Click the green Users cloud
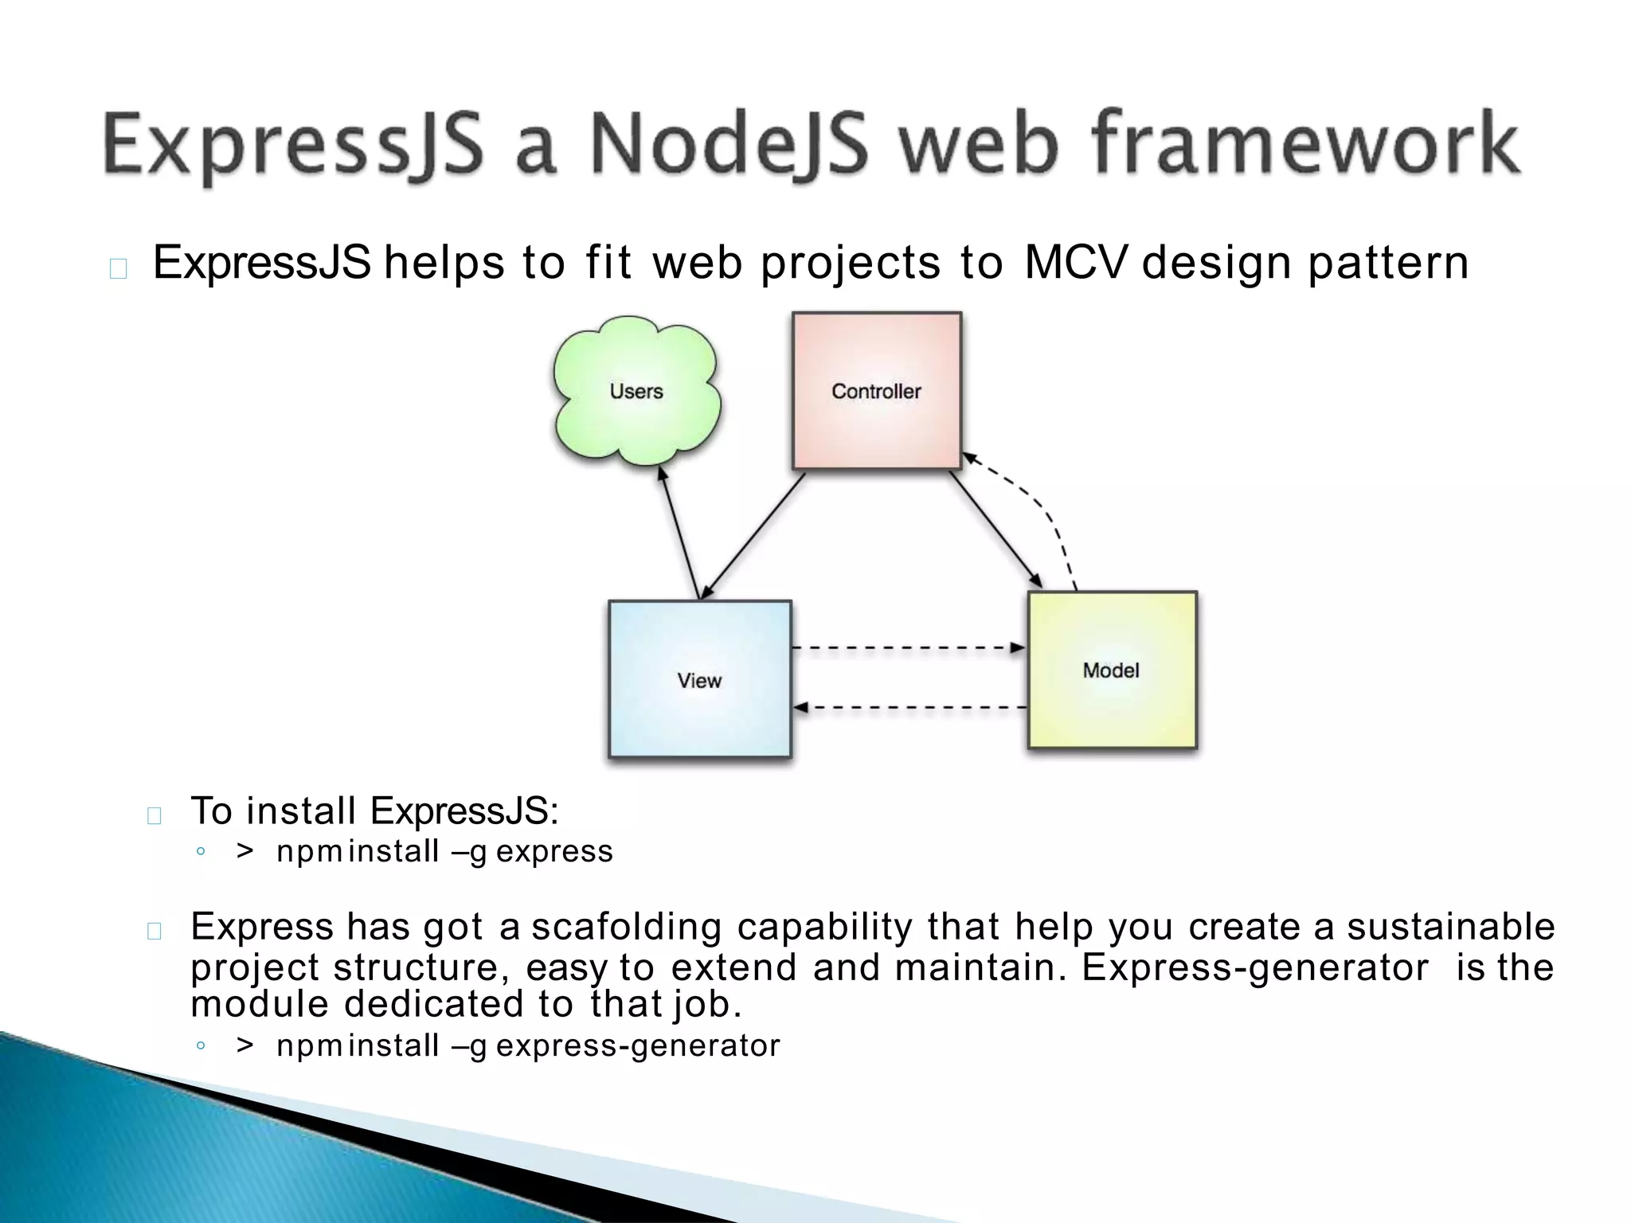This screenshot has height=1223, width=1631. (x=636, y=390)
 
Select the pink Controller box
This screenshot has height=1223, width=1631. (x=876, y=390)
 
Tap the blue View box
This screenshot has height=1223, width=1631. (x=699, y=679)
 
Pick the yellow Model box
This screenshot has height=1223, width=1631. (x=1112, y=670)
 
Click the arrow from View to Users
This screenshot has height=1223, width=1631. (x=679, y=533)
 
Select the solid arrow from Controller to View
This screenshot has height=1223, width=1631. (x=753, y=536)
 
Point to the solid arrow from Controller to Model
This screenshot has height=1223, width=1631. (x=995, y=529)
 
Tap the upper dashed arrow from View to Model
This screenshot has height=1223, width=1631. (x=908, y=647)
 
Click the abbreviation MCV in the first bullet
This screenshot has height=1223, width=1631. (x=1075, y=262)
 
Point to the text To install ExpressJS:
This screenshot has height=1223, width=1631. (x=374, y=811)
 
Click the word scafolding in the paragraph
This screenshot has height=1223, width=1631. (x=626, y=926)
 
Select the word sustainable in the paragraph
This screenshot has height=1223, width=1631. (x=1450, y=926)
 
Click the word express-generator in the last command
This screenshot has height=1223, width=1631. (x=637, y=1045)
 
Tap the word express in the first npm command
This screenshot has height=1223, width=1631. (x=554, y=851)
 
